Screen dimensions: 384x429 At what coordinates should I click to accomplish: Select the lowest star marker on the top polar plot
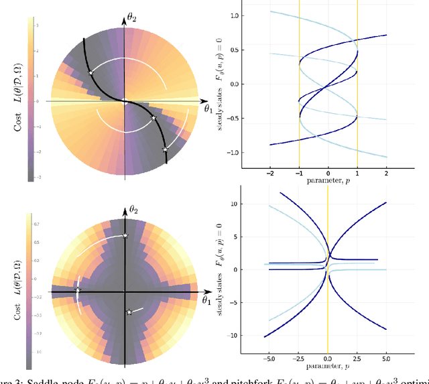click(166, 149)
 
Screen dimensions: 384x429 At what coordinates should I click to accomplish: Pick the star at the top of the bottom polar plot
click(125, 235)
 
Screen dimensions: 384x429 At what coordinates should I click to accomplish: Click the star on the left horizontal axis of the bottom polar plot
click(78, 291)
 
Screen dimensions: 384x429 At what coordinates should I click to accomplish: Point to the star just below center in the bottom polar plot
click(129, 312)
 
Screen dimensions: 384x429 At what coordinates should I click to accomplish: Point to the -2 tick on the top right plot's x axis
click(270, 173)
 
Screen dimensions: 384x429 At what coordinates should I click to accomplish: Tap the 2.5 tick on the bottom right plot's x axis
click(357, 360)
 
